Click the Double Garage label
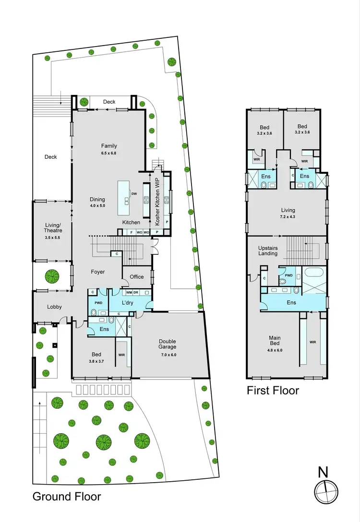[x=168, y=344]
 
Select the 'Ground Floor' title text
[x=67, y=496]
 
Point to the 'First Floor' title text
[x=273, y=391]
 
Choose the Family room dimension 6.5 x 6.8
[x=109, y=154]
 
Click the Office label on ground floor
[x=137, y=277]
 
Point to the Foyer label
[x=98, y=272]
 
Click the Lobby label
[x=54, y=307]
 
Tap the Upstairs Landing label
[x=268, y=250]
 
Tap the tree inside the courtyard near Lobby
[x=52, y=276]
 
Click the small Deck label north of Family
[x=109, y=102]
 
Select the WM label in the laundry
[x=129, y=292]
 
